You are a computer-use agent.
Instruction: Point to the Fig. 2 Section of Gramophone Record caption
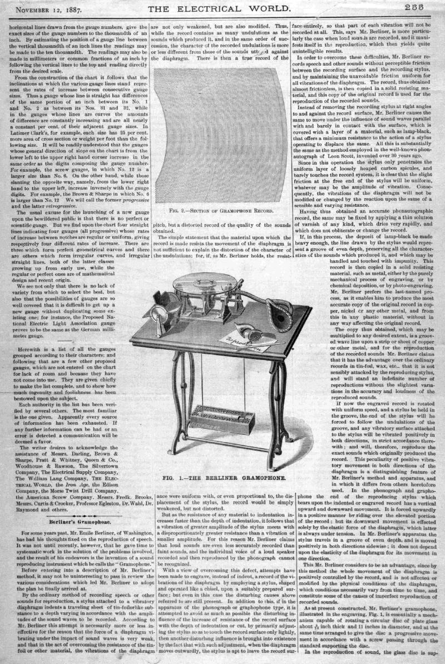click(222, 211)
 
